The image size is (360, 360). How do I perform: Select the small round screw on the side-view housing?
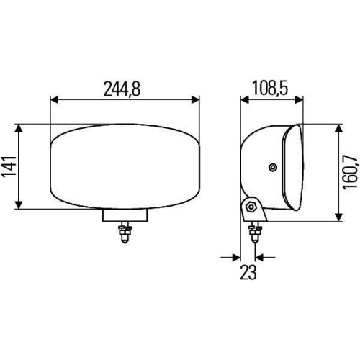coord(272,168)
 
